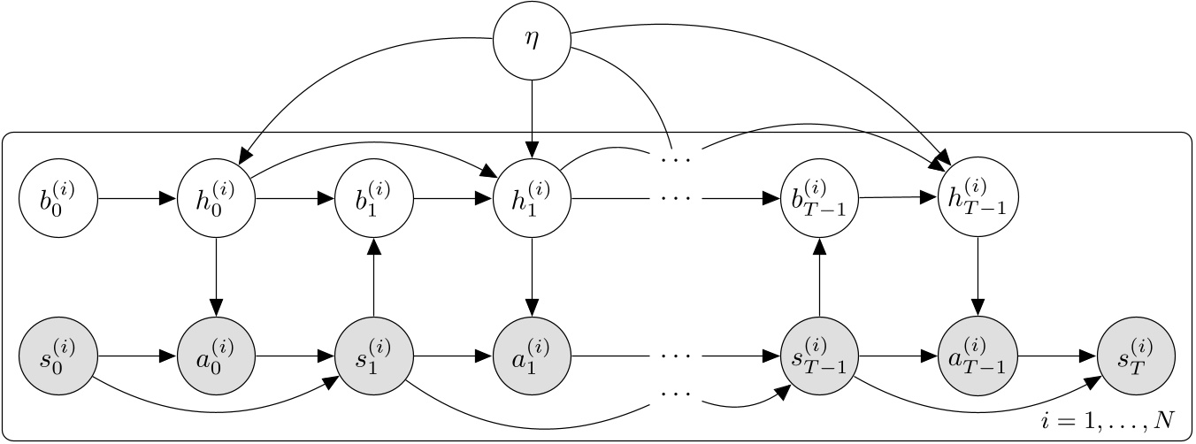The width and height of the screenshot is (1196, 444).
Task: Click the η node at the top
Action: tap(532, 41)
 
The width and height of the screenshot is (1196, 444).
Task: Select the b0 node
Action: tap(57, 198)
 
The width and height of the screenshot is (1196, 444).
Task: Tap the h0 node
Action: tap(217, 198)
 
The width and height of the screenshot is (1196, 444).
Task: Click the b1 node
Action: tap(373, 198)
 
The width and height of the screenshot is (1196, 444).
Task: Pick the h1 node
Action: tap(532, 198)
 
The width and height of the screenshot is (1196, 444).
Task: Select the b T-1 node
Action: tap(820, 198)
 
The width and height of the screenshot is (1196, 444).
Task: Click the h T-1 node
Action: tap(978, 198)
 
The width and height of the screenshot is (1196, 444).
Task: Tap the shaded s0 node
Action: tap(57, 356)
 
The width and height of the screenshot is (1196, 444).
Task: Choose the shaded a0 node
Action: tap(217, 356)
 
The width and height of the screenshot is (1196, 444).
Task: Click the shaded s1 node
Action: tap(373, 356)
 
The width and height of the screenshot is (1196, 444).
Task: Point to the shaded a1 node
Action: tap(532, 356)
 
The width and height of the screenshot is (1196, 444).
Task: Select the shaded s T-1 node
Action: tap(820, 356)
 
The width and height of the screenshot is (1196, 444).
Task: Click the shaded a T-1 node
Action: tap(978, 356)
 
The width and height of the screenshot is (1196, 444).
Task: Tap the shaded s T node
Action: tap(1137, 356)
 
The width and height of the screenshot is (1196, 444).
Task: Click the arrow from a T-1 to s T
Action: tap(1058, 356)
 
